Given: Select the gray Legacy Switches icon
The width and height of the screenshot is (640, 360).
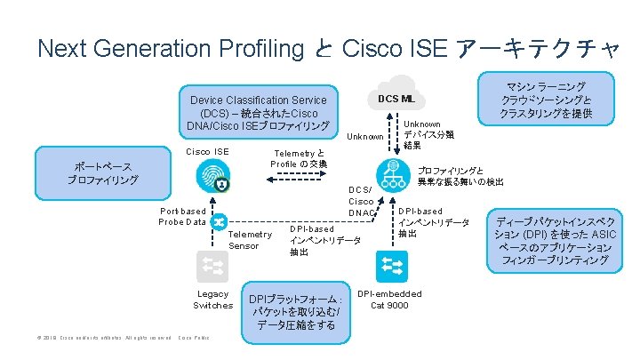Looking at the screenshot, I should pos(214,266).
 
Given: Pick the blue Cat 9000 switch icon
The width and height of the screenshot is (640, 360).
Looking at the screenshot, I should pos(390,264).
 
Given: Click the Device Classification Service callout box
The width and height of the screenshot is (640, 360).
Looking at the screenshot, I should pos(258,112).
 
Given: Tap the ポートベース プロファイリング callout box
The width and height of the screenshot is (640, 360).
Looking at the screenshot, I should pos(102,173).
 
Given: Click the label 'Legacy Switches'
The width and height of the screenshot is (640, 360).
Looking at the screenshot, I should pos(213,300).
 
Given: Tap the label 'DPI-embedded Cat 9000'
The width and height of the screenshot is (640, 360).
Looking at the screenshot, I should pos(389,300).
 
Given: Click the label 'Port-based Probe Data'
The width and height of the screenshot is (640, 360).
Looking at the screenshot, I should pos(182,216).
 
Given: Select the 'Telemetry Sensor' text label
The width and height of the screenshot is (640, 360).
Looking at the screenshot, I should pos(250,240).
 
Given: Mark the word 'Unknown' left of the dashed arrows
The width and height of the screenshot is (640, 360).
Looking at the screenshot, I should pos(365,137).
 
